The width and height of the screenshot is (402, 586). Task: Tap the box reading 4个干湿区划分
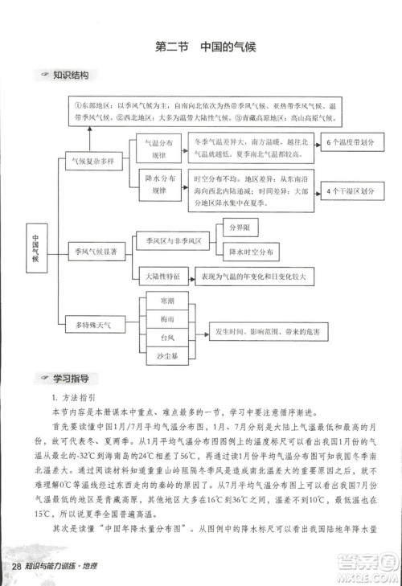click(x=351, y=192)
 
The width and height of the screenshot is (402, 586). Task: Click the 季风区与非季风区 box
click(x=173, y=240)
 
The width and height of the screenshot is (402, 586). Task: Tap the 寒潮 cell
click(x=167, y=301)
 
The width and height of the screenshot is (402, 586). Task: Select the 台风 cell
click(x=167, y=337)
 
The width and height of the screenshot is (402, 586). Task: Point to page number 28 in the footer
click(x=16, y=568)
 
